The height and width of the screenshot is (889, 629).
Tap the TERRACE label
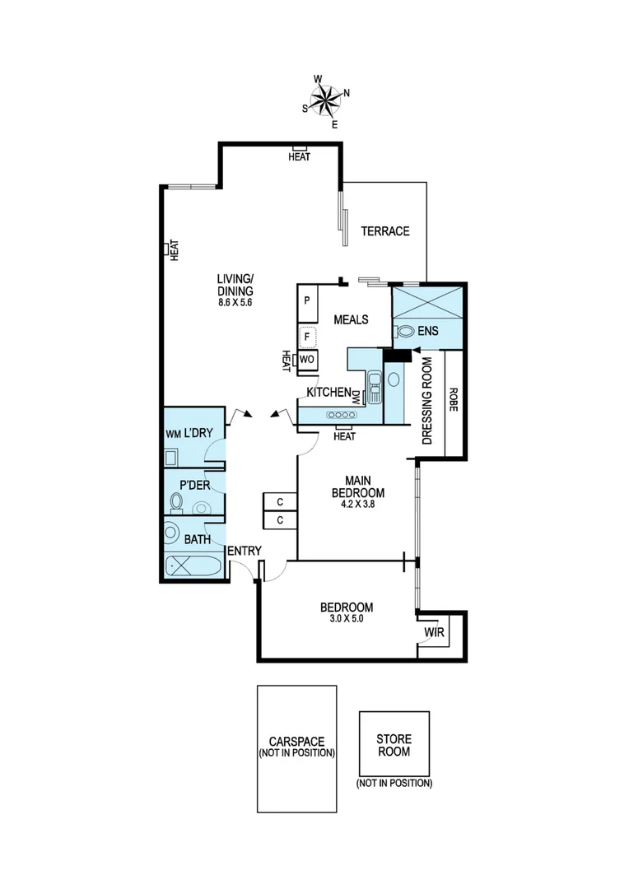[384, 231]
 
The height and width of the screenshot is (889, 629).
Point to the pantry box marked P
[306, 300]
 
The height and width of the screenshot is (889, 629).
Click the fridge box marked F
[307, 336]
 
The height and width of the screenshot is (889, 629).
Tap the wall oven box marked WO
[306, 360]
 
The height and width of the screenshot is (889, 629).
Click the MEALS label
[351, 319]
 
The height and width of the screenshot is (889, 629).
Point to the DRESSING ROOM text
[427, 400]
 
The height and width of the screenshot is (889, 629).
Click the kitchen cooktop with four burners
[340, 416]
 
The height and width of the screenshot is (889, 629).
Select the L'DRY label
[198, 432]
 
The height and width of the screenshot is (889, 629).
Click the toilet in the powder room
[176, 501]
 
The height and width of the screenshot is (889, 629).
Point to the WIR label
[434, 633]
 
